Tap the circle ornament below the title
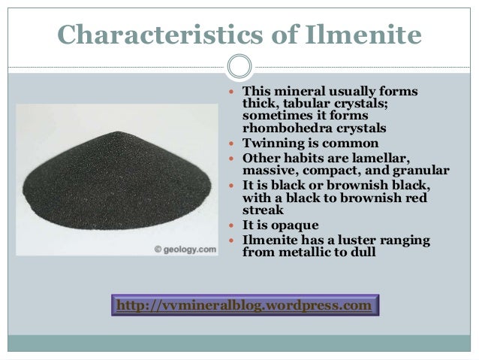239,66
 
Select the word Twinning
270,144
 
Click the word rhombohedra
283,129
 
